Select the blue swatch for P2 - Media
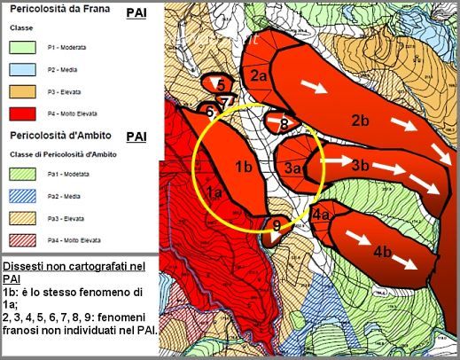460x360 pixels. pyautogui.click(x=27, y=69)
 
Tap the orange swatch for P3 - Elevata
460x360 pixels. pyautogui.click(x=27, y=91)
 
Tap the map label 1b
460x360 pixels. pyautogui.click(x=245, y=166)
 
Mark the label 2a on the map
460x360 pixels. pyautogui.click(x=259, y=76)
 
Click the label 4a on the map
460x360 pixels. pyautogui.click(x=321, y=215)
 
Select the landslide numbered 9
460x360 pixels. pyautogui.click(x=277, y=226)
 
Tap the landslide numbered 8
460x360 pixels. pyautogui.click(x=284, y=123)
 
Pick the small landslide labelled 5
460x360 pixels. pyautogui.click(x=219, y=84)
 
